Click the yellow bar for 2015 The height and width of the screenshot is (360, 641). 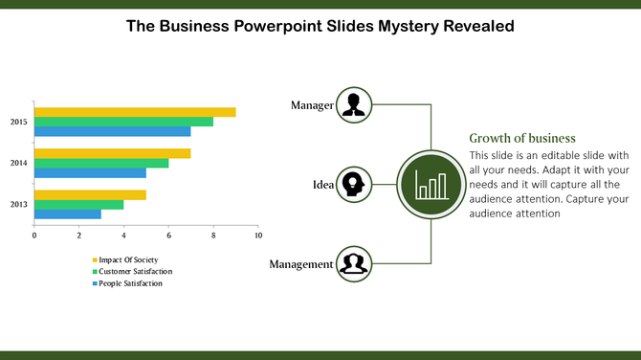(x=135, y=112)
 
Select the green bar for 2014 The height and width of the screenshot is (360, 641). (x=101, y=163)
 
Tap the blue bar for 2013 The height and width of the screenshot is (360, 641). (x=67, y=214)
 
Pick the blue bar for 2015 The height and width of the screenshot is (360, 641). (x=112, y=132)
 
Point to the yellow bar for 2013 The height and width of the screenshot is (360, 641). (x=90, y=194)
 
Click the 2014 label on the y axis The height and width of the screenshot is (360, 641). (x=19, y=163)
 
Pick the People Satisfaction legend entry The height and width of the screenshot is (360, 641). (x=128, y=283)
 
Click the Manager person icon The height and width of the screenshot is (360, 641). (x=355, y=104)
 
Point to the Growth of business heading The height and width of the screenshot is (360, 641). (x=522, y=137)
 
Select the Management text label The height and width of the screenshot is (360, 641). (x=300, y=264)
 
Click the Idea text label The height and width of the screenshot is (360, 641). (x=322, y=185)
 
